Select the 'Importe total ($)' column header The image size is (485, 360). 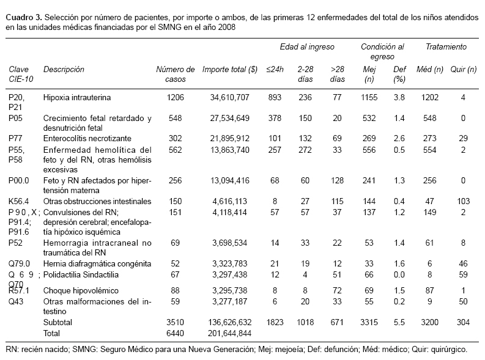pos(230,70)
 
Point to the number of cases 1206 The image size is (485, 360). pos(176,97)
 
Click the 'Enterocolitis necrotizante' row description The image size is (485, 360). pos(87,139)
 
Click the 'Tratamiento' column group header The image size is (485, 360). pos(446,46)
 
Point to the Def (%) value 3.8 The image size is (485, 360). pos(399,97)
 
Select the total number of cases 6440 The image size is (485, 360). pos(176,332)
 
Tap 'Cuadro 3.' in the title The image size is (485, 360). pos(23,17)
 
